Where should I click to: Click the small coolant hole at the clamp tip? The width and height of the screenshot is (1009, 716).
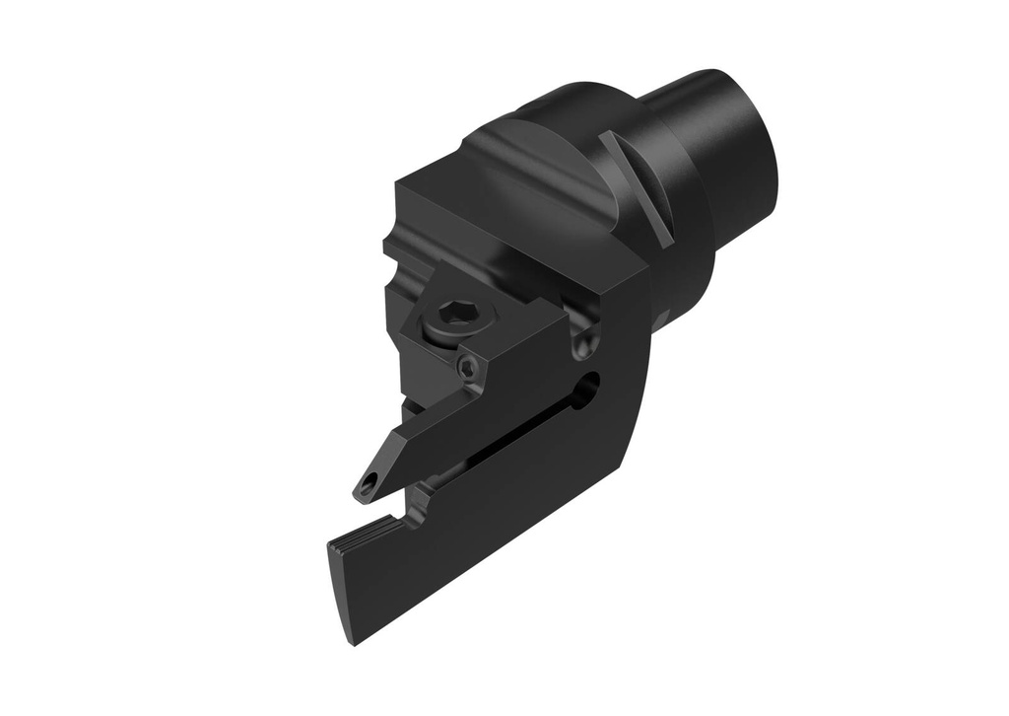pyautogui.click(x=369, y=484)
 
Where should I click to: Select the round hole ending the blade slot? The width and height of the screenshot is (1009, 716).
pyautogui.click(x=588, y=388)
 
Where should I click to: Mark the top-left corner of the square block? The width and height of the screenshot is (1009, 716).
pyautogui.click(x=398, y=184)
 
